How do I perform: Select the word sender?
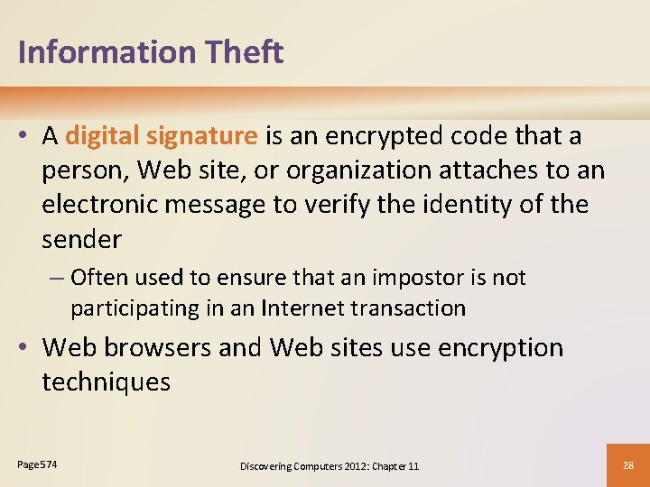81,239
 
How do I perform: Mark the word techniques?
106,381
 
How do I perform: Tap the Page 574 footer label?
37,464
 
